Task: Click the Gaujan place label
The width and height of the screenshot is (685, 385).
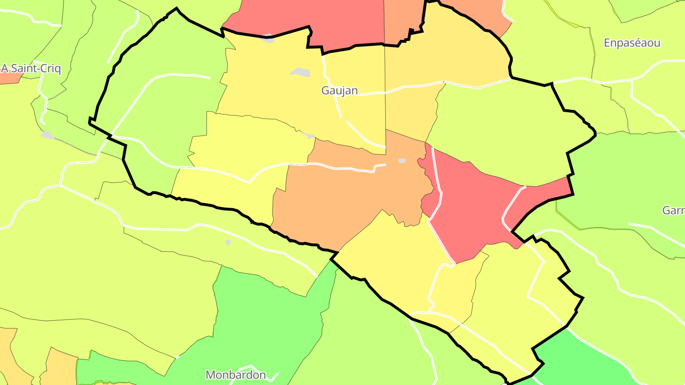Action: (339, 90)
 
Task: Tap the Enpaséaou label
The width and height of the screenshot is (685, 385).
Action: (632, 43)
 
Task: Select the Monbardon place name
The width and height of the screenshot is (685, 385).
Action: (235, 375)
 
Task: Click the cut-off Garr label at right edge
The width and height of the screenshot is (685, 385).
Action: (674, 210)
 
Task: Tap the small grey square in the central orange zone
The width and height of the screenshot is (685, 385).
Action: (402, 161)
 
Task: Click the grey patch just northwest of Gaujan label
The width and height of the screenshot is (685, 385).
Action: (301, 72)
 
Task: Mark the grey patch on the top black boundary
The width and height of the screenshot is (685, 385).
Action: (268, 38)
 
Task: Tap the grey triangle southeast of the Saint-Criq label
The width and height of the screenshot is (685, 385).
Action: (47, 135)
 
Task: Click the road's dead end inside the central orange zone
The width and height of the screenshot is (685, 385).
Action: (384, 165)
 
